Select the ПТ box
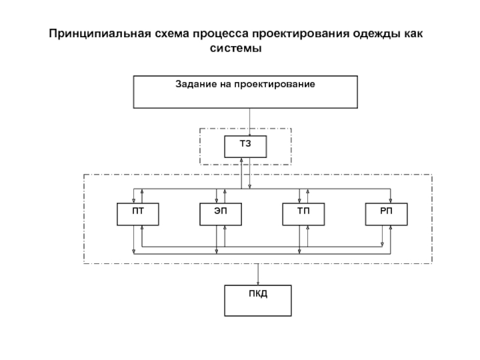click(138, 214)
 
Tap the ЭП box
click(220, 214)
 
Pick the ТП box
click(303, 214)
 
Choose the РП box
click(386, 214)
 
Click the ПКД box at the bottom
click(258, 301)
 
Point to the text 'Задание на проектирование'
click(245, 85)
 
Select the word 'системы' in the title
click(236, 48)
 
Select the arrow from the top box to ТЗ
click(250, 122)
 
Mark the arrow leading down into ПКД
click(258, 275)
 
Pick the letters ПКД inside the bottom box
click(258, 294)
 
